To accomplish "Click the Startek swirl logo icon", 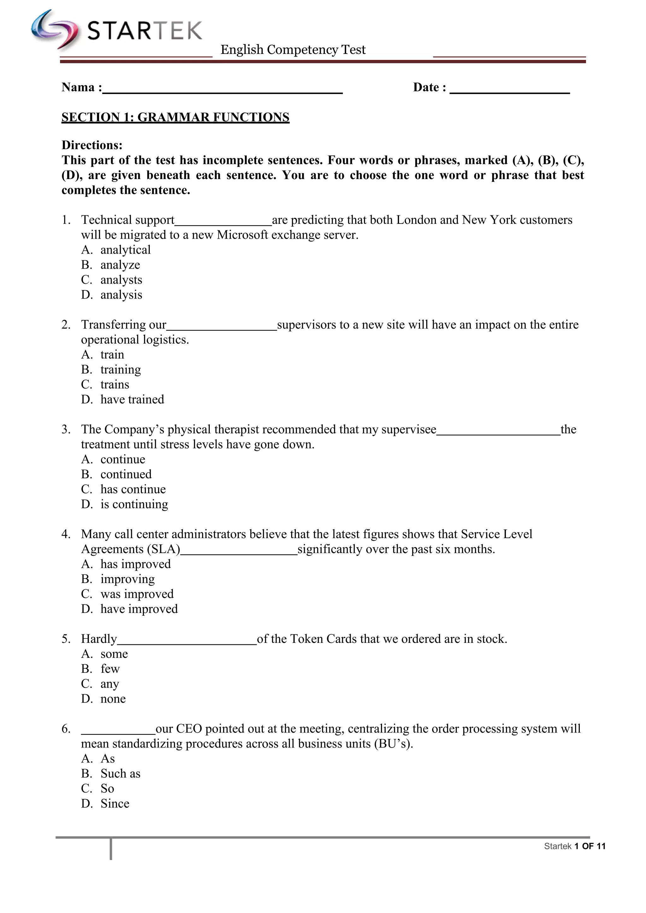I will pyautogui.click(x=55, y=30).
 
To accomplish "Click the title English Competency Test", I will pyautogui.click(x=293, y=50).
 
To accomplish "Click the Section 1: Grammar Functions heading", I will pyautogui.click(x=175, y=117).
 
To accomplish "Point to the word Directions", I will pyautogui.click(x=92, y=145).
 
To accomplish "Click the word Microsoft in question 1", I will pyautogui.click(x=242, y=235).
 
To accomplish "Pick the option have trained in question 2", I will pyautogui.click(x=132, y=400).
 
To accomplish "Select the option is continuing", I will pyautogui.click(x=134, y=504).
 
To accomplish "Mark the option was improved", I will pyautogui.click(x=137, y=594).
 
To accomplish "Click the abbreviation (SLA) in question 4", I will pyautogui.click(x=163, y=550).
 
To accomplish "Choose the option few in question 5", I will pyautogui.click(x=110, y=669).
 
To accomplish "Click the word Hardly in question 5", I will pyautogui.click(x=99, y=639).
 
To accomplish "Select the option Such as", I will pyautogui.click(x=120, y=774).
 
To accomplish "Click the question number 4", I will pyautogui.click(x=66, y=534).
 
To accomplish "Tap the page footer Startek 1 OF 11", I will pyautogui.click(x=574, y=846).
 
